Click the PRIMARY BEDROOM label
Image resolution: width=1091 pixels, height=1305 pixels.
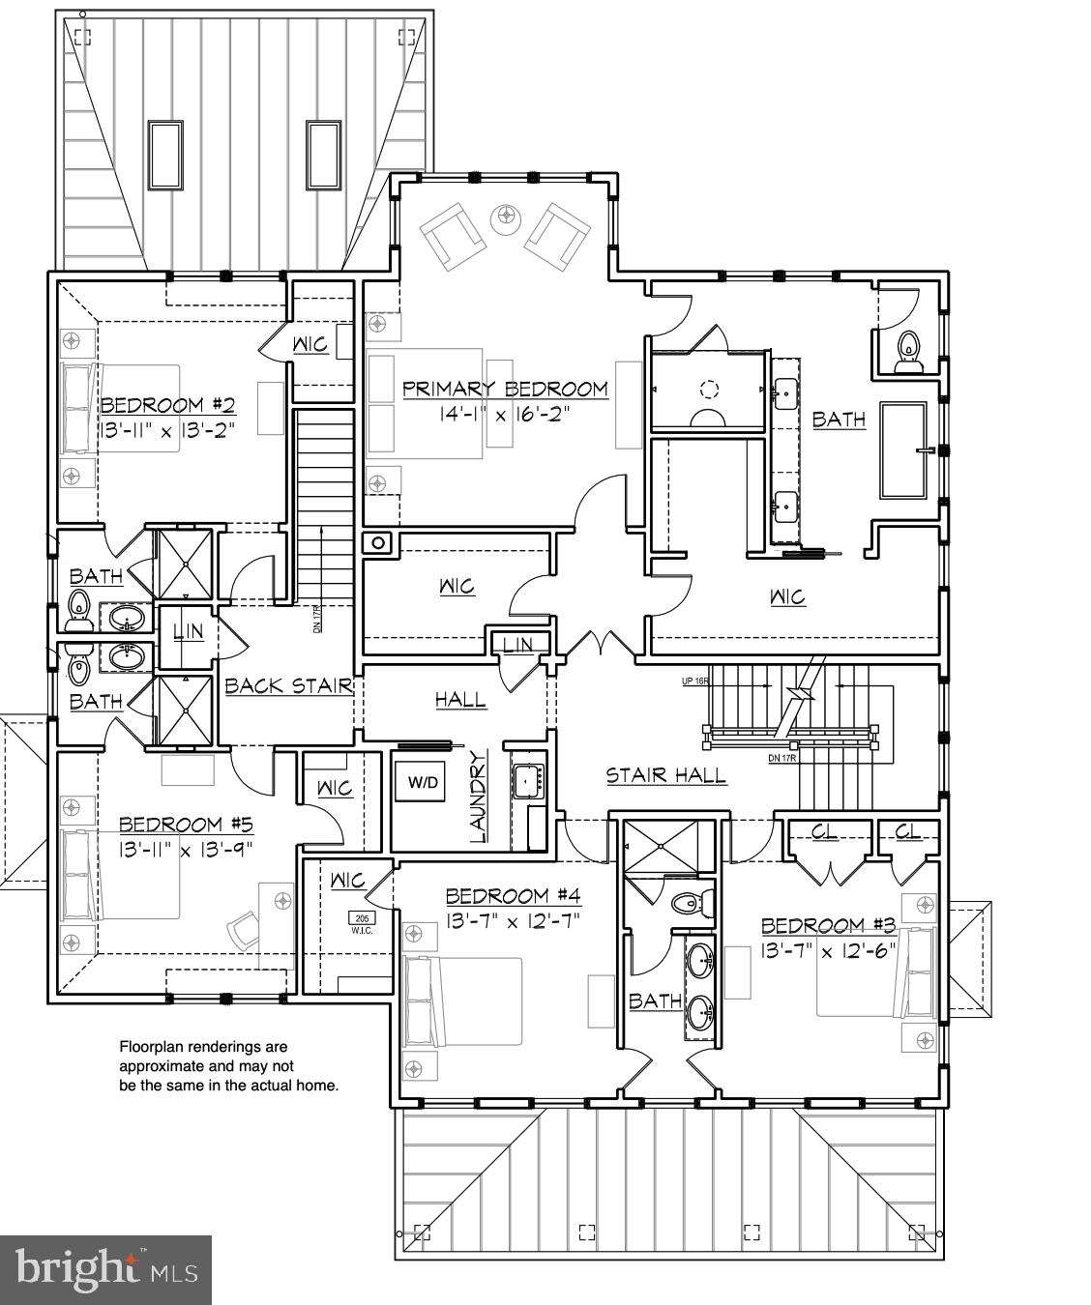505,390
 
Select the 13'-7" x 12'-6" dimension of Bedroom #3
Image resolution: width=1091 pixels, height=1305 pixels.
829,950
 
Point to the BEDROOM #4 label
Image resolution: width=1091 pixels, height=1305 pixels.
513,896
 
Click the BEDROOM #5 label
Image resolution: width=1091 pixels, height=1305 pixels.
185,825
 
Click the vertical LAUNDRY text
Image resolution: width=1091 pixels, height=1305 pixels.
477,797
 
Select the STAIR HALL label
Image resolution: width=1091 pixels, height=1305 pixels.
666,775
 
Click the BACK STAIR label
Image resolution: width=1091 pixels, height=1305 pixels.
287,686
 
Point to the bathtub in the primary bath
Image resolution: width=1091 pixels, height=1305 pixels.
902,449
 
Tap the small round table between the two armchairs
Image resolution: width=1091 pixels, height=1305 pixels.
505,219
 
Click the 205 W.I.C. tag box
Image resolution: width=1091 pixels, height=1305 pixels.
362,923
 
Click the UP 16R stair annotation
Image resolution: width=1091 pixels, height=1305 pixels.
694,681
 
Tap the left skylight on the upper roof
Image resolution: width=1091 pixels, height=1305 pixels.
164,155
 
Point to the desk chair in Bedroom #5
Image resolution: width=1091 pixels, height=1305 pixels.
244,932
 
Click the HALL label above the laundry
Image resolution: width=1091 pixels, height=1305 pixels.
459,699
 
